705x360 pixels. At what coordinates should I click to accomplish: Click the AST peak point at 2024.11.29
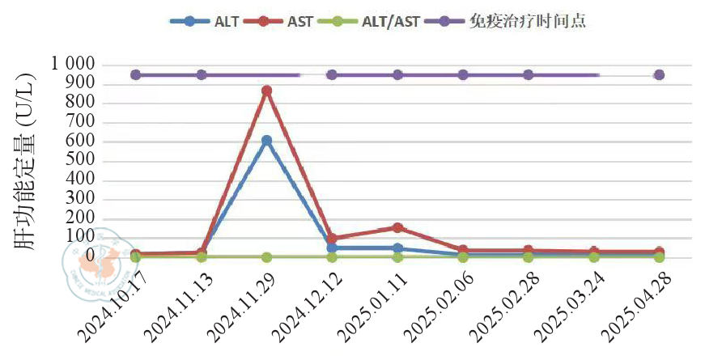point(266,91)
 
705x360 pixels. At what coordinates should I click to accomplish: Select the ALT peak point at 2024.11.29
point(266,141)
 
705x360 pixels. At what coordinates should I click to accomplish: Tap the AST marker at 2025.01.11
point(397,228)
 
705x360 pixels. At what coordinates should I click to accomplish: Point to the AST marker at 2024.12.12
point(332,239)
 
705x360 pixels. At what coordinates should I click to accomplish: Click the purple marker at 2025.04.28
point(659,75)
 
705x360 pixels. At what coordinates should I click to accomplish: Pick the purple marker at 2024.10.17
point(136,75)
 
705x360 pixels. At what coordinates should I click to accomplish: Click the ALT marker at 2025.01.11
point(397,248)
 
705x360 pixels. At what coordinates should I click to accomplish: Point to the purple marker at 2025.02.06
point(463,75)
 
